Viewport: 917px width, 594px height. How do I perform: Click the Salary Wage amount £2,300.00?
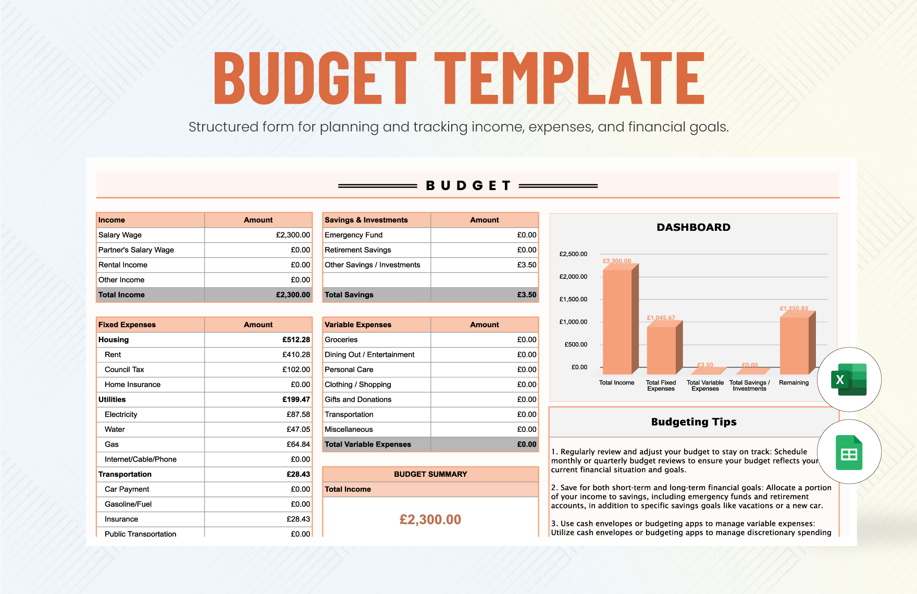click(x=293, y=235)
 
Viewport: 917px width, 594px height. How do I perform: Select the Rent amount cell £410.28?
click(x=296, y=354)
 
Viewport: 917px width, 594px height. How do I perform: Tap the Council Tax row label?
click(x=124, y=369)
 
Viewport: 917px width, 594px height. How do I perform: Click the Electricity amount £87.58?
click(x=298, y=414)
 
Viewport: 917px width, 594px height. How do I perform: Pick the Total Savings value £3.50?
click(x=526, y=294)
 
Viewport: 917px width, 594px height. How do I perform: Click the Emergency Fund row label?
click(x=353, y=235)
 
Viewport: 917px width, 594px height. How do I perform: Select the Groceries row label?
click(x=341, y=340)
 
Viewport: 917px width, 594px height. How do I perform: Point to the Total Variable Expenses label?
click(x=367, y=444)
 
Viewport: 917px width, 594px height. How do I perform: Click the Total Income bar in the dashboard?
click(x=618, y=320)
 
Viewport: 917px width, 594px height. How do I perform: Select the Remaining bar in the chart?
click(x=795, y=344)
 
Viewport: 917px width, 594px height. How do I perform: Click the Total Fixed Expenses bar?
click(x=662, y=349)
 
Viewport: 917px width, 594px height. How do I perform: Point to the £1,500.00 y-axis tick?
click(x=573, y=299)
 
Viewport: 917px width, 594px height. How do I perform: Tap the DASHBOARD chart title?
click(x=693, y=227)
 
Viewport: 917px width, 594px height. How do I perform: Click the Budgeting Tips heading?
click(x=693, y=422)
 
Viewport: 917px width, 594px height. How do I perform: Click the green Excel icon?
click(x=849, y=380)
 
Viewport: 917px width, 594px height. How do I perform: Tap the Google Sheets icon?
click(x=849, y=452)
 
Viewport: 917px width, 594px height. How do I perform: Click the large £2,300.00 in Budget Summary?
click(x=430, y=519)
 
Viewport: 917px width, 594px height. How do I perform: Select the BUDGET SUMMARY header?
click(x=430, y=474)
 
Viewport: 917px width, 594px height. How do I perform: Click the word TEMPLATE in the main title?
click(x=569, y=78)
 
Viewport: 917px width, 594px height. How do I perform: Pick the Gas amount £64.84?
click(x=298, y=444)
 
